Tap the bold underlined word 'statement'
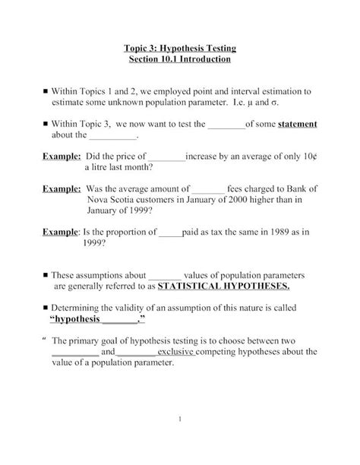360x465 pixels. (297, 124)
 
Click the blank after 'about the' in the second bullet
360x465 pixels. (114, 137)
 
